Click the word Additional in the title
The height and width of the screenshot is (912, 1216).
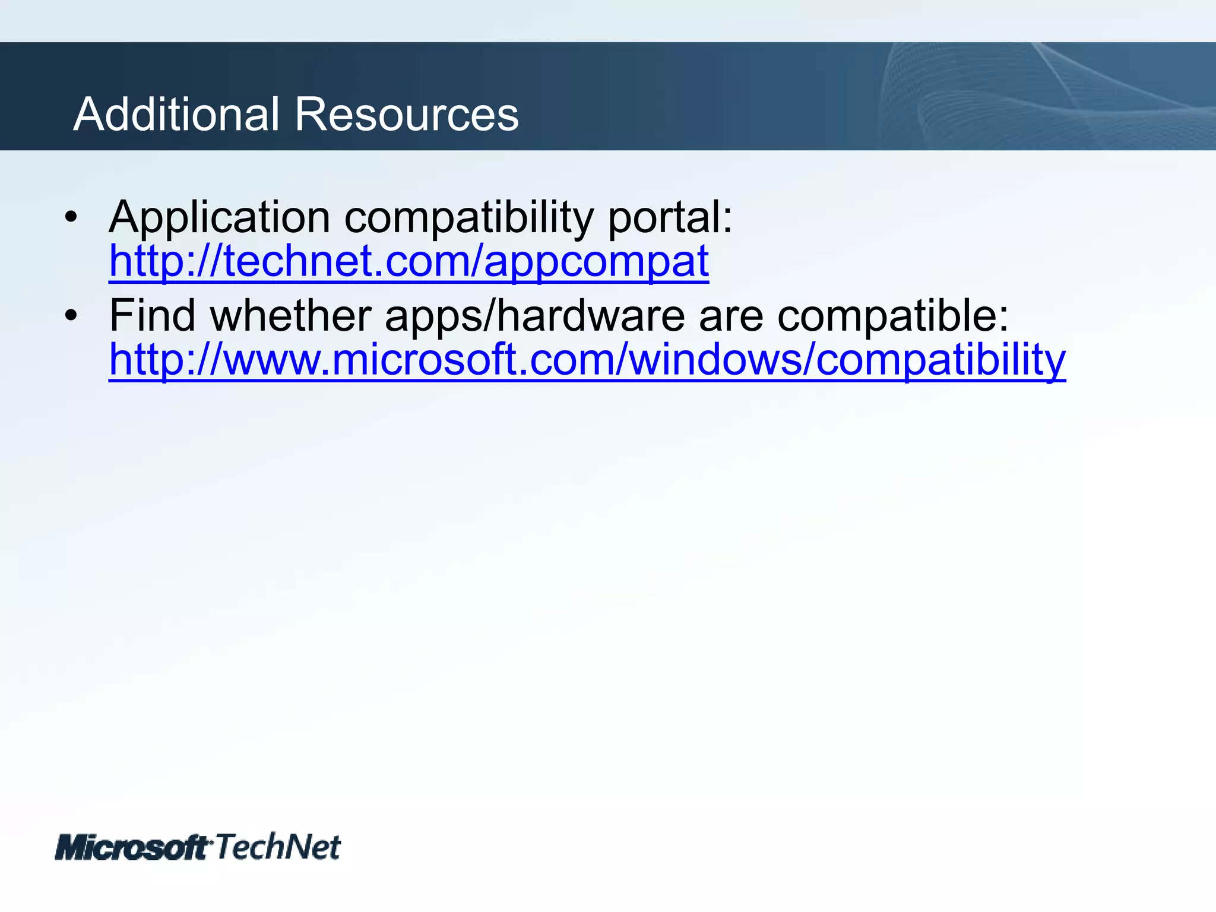(x=176, y=114)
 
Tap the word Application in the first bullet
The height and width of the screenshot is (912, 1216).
(x=219, y=218)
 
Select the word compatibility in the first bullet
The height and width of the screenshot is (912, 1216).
(x=468, y=218)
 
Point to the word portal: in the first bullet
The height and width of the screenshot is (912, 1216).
(x=670, y=218)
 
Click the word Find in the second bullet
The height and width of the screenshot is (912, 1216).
(x=152, y=316)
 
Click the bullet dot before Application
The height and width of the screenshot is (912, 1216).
(x=71, y=217)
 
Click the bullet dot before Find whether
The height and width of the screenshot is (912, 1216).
(x=71, y=316)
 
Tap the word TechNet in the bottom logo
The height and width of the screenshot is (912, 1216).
(x=277, y=846)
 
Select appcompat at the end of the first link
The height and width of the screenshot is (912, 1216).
(x=596, y=262)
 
